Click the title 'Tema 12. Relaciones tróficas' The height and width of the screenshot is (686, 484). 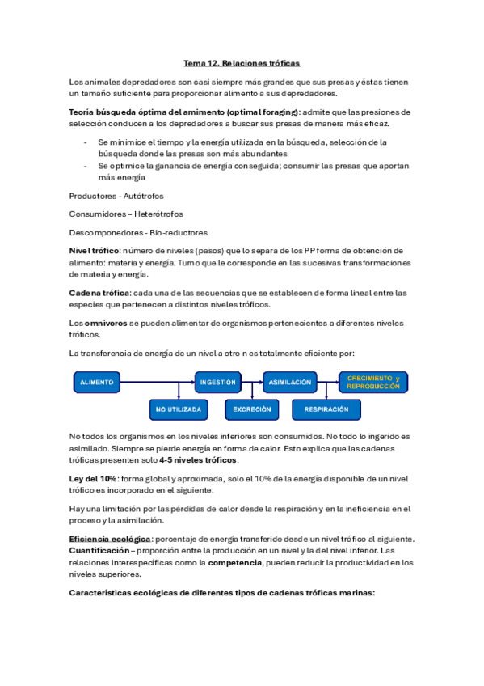[x=242, y=62]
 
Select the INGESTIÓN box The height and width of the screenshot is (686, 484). [x=218, y=381]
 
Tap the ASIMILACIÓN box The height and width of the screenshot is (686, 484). [x=289, y=381]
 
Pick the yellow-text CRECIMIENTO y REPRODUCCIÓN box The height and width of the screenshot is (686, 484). [x=373, y=382]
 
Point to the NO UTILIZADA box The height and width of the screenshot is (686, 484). [x=179, y=409]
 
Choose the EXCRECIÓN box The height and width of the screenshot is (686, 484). [x=252, y=409]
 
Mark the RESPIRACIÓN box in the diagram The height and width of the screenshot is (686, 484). [x=326, y=409]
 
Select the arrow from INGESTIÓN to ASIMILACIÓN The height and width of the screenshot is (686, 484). [x=252, y=381]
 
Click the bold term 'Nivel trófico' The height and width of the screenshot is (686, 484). [x=95, y=251]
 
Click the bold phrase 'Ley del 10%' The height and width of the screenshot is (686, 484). [x=95, y=479]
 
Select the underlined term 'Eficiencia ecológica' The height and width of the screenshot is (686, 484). [x=110, y=539]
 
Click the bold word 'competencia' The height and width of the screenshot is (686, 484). [x=235, y=563]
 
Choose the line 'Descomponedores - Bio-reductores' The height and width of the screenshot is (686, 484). [x=138, y=232]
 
